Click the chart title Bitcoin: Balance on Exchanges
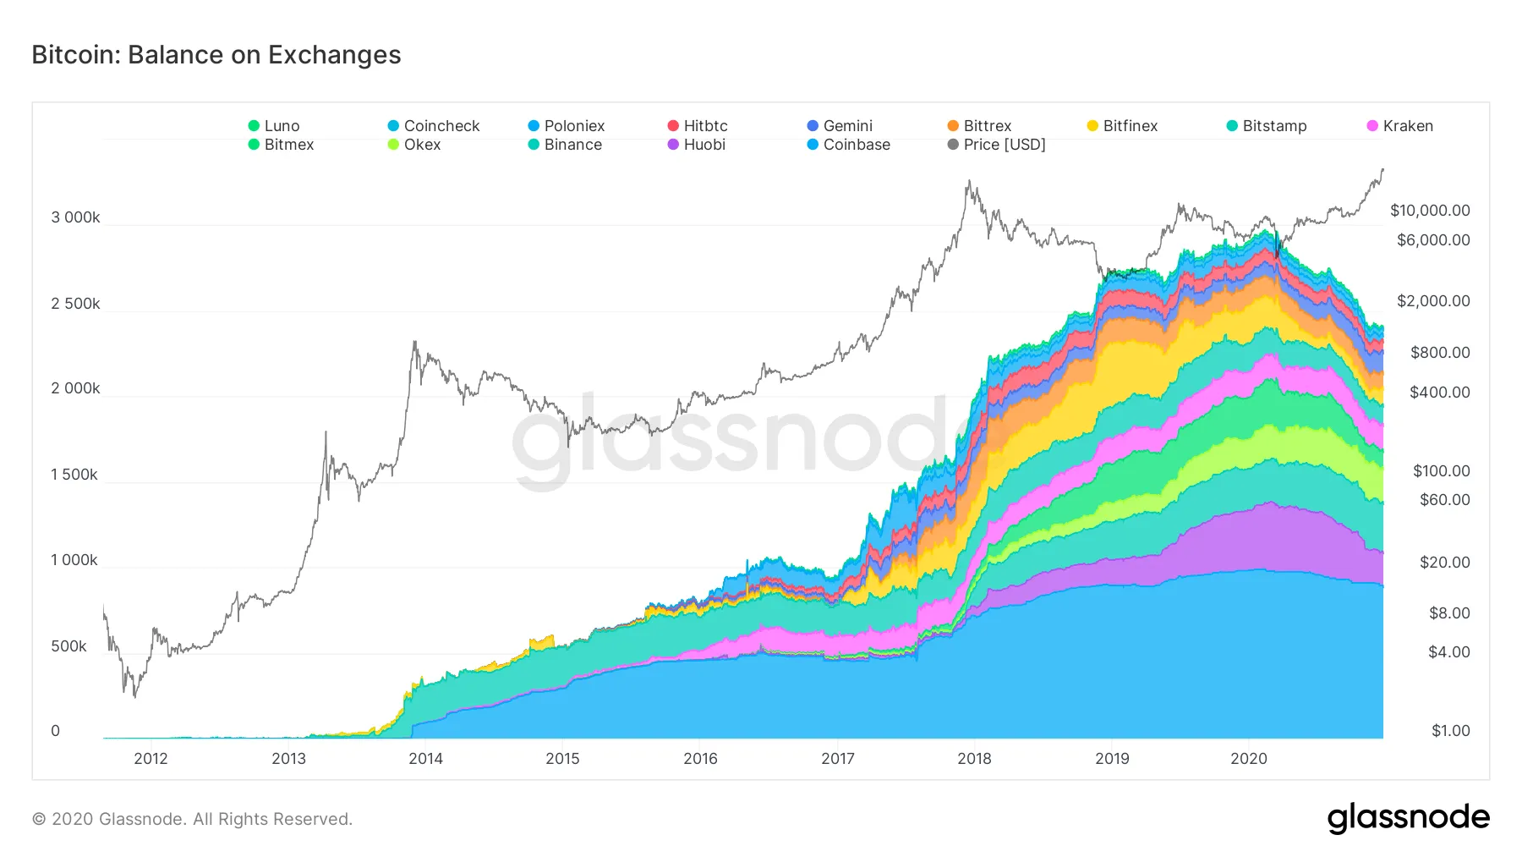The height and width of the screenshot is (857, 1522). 216,55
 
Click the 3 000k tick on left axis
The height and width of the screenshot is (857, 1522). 75,217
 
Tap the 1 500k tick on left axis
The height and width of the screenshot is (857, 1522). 74,475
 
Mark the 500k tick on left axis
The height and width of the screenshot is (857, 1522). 68,646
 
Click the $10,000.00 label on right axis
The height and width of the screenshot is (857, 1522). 1430,211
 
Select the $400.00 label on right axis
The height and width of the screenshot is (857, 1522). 1439,393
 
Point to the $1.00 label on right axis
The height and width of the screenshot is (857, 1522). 1450,731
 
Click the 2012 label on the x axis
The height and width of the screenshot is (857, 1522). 151,759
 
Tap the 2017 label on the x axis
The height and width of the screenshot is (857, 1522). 837,759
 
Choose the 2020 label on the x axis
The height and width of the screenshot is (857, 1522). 1248,759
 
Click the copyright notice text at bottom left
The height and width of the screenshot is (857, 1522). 192,819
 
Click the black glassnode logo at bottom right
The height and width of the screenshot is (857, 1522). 1408,817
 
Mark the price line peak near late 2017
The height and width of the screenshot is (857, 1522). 969,181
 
